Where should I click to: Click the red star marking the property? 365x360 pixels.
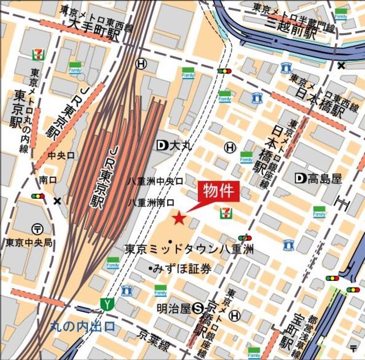pos(179,217)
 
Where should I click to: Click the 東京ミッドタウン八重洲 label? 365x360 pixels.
pos(189,249)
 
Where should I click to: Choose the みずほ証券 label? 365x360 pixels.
pos(179,268)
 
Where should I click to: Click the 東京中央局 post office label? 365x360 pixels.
pos(29,243)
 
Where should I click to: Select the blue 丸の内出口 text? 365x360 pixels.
pos(82,326)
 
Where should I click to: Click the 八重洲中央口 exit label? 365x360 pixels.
pos(155,181)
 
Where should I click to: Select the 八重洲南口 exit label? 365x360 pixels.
pos(151,202)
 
